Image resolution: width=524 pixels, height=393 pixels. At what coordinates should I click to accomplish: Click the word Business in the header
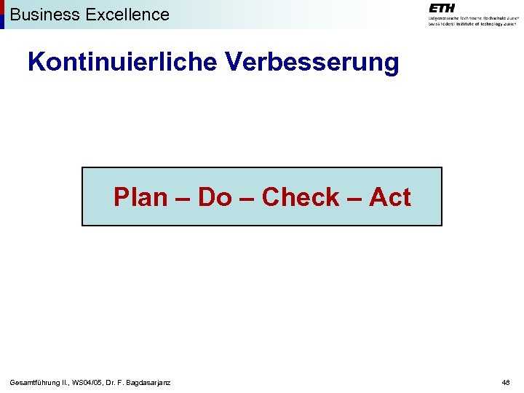(x=41, y=14)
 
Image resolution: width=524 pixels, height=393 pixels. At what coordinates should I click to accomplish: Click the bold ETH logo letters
(x=442, y=7)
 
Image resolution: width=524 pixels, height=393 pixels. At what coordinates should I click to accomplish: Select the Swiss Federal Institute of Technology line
(x=472, y=23)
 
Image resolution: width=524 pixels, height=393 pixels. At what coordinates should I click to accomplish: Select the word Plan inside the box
(x=140, y=197)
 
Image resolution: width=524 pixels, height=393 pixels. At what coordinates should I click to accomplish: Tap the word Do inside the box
(x=214, y=197)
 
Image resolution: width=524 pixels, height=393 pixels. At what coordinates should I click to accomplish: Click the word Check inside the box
(x=300, y=197)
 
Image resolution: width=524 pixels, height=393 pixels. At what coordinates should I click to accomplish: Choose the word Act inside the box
(x=389, y=197)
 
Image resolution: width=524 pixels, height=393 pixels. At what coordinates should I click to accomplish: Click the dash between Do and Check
(x=246, y=198)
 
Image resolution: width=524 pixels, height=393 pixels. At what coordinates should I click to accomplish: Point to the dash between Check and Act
(x=354, y=198)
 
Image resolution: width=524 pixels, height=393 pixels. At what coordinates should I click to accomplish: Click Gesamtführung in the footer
(x=36, y=382)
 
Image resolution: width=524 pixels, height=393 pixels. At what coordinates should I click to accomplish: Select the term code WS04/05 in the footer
(x=91, y=382)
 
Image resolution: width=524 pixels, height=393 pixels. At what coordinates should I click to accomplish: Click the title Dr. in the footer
(x=113, y=382)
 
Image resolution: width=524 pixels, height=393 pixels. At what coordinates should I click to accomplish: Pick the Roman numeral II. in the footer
(x=66, y=382)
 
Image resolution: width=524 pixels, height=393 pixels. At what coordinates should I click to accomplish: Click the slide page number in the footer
(x=505, y=382)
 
